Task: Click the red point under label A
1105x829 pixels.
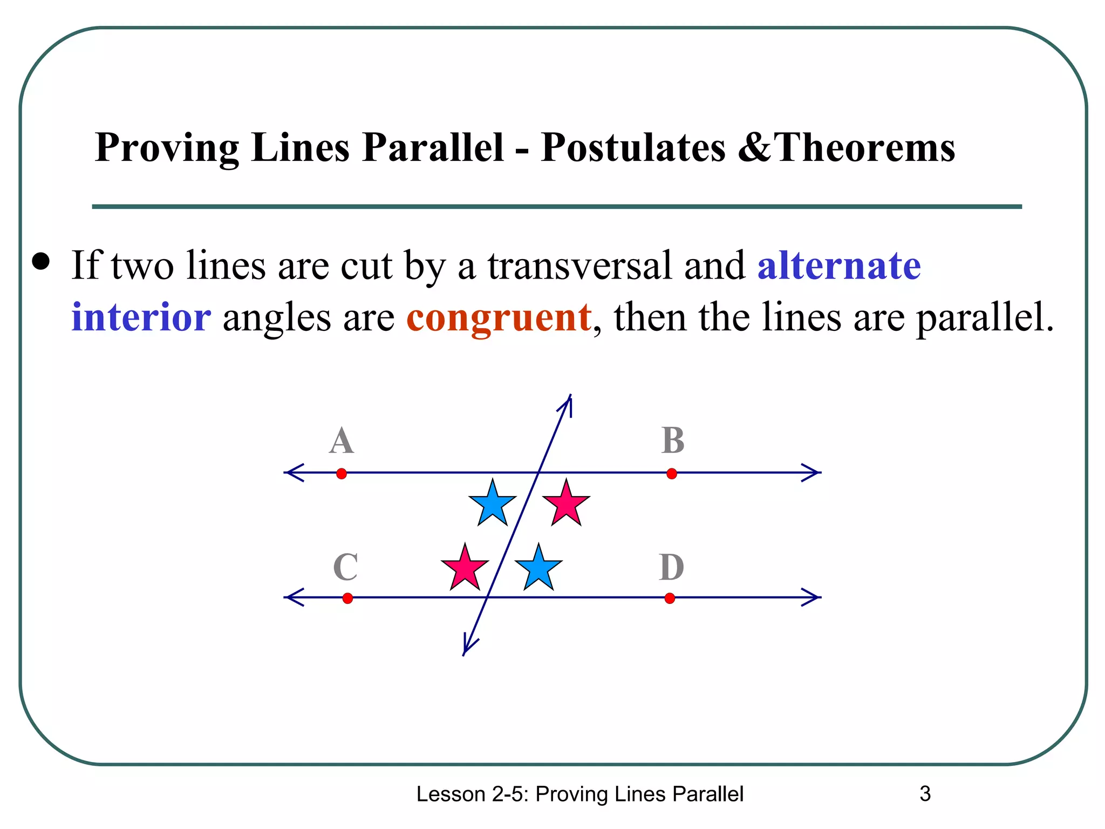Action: click(x=342, y=474)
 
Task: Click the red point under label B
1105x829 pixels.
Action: click(x=672, y=474)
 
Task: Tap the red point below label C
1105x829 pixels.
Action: click(x=347, y=598)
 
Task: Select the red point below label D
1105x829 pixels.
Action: click(x=670, y=598)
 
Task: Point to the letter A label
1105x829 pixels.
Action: click(x=342, y=441)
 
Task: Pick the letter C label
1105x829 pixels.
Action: click(x=345, y=567)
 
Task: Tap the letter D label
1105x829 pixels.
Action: click(x=672, y=567)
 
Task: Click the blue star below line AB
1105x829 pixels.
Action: click(x=493, y=504)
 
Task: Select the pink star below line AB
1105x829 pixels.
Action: click(x=566, y=504)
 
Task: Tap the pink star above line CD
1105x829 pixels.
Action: click(x=465, y=568)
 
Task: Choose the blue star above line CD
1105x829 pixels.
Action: click(x=538, y=568)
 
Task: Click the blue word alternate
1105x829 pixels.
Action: click(x=839, y=266)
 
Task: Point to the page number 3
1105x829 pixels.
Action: click(x=925, y=794)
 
